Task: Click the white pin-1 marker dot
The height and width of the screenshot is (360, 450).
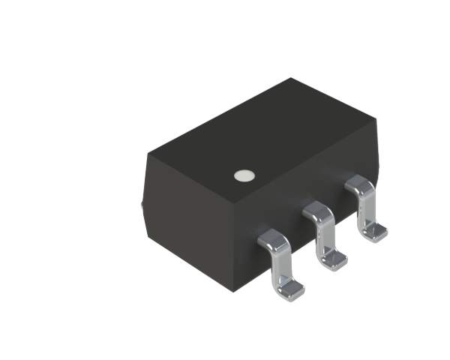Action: pos(242,175)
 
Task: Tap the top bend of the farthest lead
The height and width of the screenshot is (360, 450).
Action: pos(359,184)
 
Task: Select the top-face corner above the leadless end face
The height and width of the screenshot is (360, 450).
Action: pos(147,154)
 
